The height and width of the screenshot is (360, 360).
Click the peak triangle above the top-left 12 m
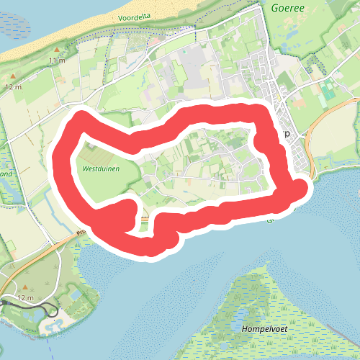pyautogui.click(x=13, y=76)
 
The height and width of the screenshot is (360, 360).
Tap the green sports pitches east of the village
pyautogui.click(x=328, y=90)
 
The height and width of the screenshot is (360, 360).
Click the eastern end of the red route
pyautogui.click(x=300, y=189)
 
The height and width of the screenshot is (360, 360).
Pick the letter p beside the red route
pyautogui.click(x=287, y=134)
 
